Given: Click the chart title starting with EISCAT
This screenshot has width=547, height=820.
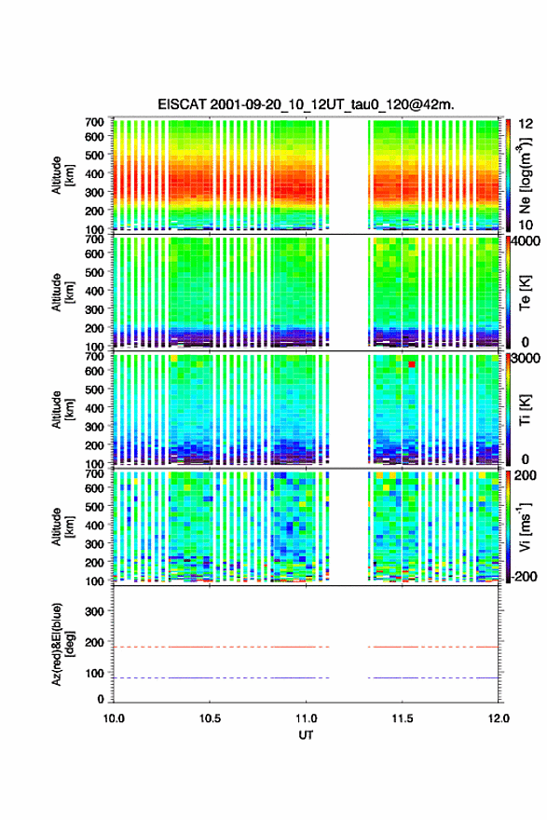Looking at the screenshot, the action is click(x=306, y=104).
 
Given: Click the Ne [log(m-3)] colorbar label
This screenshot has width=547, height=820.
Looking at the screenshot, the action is click(x=525, y=176).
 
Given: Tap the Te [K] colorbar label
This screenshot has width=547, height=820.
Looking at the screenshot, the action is click(x=525, y=293).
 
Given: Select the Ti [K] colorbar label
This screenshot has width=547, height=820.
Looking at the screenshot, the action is click(x=525, y=410).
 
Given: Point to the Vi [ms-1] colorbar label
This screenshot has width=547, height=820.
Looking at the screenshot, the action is click(x=525, y=526).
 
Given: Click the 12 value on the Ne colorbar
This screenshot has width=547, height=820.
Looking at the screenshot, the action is click(x=526, y=124).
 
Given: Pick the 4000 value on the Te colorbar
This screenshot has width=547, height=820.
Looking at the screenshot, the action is click(x=526, y=241).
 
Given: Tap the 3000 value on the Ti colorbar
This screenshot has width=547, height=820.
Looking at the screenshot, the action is click(x=526, y=358).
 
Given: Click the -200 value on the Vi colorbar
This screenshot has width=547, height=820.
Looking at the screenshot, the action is click(x=524, y=576).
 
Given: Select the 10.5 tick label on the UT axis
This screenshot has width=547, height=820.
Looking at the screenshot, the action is click(x=210, y=718).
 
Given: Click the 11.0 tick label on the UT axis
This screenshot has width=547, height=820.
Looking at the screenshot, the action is click(x=306, y=718).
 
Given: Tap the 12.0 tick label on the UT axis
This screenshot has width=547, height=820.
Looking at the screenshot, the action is click(x=499, y=718).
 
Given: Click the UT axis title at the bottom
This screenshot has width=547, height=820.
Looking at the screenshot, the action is click(x=306, y=735).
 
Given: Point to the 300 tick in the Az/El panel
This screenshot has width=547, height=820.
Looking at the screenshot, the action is click(x=94, y=611).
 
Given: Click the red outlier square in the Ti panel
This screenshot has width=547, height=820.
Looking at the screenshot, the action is click(x=412, y=364).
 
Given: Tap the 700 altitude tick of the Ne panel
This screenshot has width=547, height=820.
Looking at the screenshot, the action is click(x=94, y=122).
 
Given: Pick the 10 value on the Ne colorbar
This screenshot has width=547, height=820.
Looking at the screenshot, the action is click(x=526, y=225).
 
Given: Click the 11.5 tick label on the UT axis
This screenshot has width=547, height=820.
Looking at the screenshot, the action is click(x=403, y=718).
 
